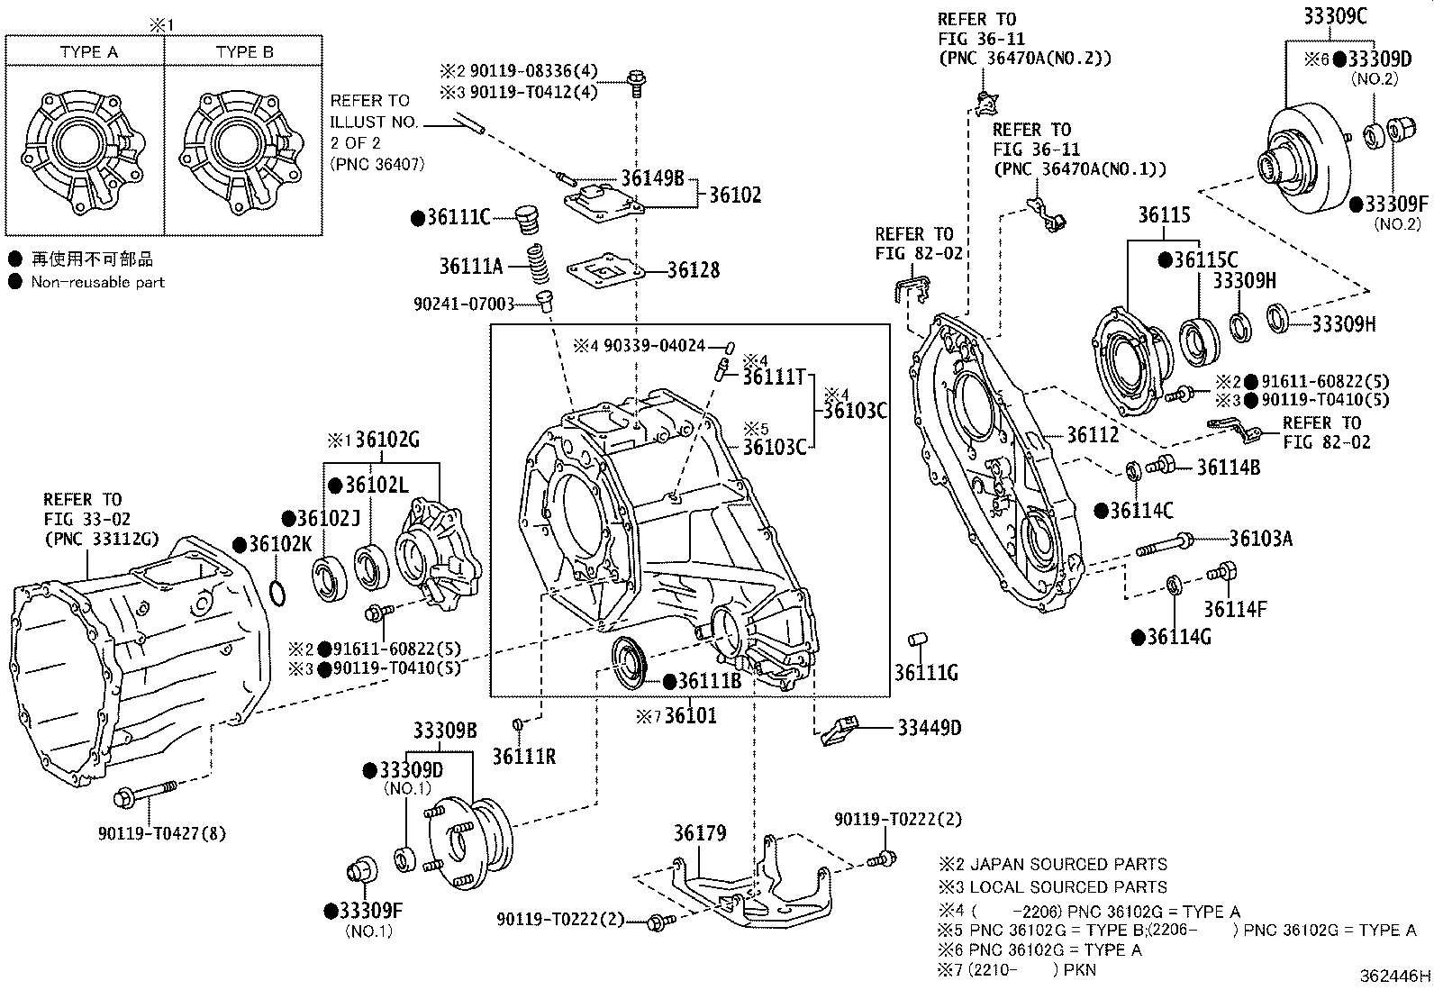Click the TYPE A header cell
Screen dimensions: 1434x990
[x=88, y=52]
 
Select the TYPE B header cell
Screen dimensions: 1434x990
[x=244, y=52]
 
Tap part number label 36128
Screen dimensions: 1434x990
[x=694, y=270]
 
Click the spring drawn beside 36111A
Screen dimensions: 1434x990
[x=539, y=264]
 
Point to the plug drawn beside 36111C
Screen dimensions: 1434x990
[x=528, y=220]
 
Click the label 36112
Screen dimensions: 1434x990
[x=1092, y=435]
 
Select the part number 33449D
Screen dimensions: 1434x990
[x=929, y=728]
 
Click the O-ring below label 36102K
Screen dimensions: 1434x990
[x=277, y=593]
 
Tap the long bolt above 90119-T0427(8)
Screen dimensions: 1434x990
[x=145, y=793]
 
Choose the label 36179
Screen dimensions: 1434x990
[x=700, y=833]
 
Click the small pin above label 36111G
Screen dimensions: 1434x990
[x=918, y=639]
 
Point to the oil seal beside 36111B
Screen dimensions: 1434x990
[x=630, y=663]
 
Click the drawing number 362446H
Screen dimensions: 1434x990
[x=1394, y=976]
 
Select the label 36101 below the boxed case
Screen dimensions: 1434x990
[x=690, y=715]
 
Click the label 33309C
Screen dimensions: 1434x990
[x=1335, y=16]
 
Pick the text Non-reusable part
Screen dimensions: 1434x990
[x=98, y=282]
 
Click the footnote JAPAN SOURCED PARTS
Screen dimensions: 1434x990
[x=1068, y=865]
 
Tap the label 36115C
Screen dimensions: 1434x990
[x=1206, y=260]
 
